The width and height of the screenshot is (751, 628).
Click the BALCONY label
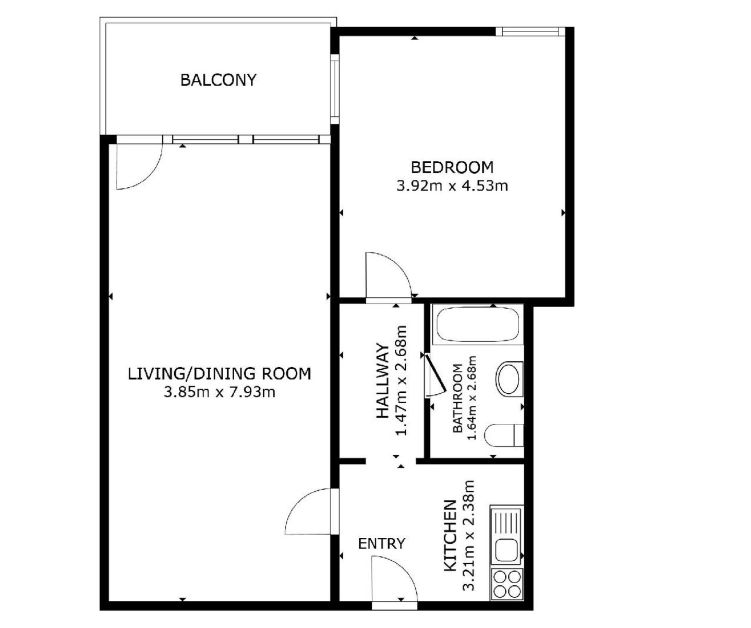click(x=219, y=80)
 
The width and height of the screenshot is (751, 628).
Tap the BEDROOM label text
click(x=452, y=167)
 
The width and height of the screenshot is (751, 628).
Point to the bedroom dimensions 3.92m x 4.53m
click(x=452, y=186)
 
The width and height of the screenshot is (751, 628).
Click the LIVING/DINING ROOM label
click(x=220, y=373)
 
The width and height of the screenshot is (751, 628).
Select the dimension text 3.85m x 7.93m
click(x=220, y=392)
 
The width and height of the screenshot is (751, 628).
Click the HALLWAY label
click(x=383, y=381)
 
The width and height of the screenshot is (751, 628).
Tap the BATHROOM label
click(x=457, y=398)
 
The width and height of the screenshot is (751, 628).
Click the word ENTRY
click(x=382, y=544)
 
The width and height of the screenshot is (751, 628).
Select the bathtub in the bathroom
click(x=478, y=324)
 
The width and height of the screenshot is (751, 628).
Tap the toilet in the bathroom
click(x=504, y=435)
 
